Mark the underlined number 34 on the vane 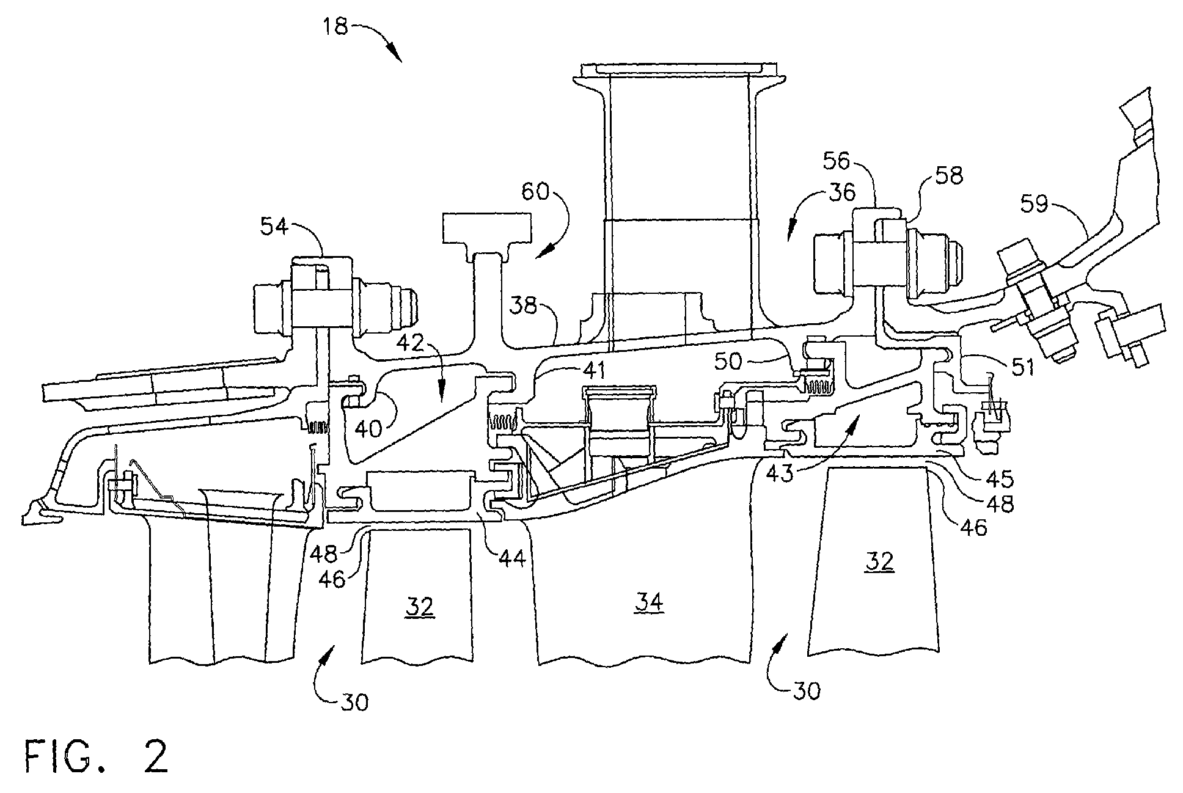[648, 603]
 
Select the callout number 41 [592, 369]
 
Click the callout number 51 [1015, 368]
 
